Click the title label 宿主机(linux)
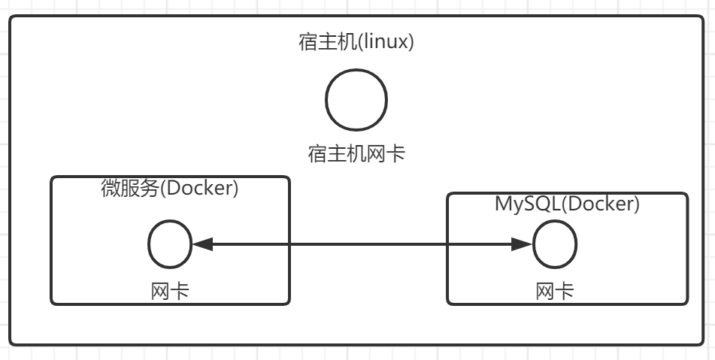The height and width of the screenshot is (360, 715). (x=356, y=42)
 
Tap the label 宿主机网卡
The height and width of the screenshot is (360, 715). (x=356, y=154)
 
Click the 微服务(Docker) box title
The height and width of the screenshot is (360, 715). (x=170, y=189)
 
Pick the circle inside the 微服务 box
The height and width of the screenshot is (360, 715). (x=170, y=244)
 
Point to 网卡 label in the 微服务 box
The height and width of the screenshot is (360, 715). (x=170, y=290)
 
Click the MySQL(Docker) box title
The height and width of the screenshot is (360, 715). (x=567, y=204)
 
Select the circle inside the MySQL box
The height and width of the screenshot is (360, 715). (x=555, y=244)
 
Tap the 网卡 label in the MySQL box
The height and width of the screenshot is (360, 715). (x=555, y=291)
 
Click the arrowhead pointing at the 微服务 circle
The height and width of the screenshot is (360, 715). (x=203, y=244)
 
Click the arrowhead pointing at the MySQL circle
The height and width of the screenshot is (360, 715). (x=522, y=244)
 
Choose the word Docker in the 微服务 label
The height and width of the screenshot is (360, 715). (x=198, y=189)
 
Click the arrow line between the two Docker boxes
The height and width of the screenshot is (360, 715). (x=361, y=244)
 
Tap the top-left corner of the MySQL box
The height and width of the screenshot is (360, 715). (x=448, y=194)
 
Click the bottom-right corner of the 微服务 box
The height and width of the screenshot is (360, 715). (x=289, y=303)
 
